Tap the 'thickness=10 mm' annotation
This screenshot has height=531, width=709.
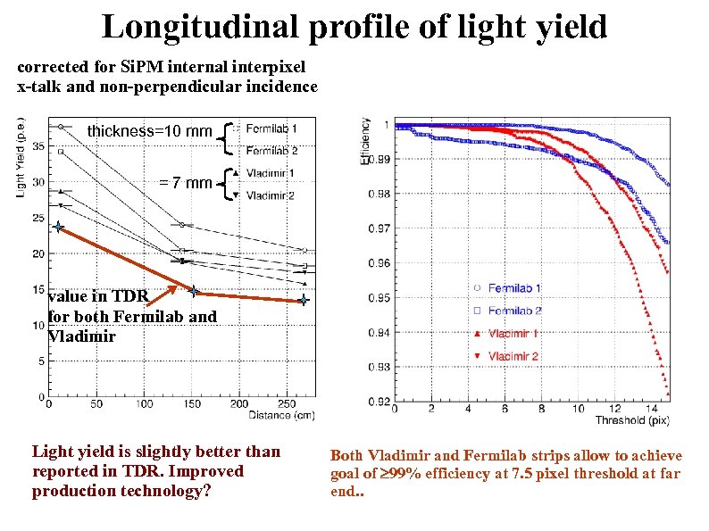[149, 132]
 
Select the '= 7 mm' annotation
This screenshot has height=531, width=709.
[186, 184]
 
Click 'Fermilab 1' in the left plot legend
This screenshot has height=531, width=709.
[271, 127]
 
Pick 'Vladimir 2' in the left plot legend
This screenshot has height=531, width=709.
[271, 195]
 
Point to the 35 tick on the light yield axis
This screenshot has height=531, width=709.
[38, 146]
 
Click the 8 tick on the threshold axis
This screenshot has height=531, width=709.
[541, 409]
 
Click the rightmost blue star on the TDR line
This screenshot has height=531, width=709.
[304, 301]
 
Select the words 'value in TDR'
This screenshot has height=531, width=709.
[98, 297]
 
